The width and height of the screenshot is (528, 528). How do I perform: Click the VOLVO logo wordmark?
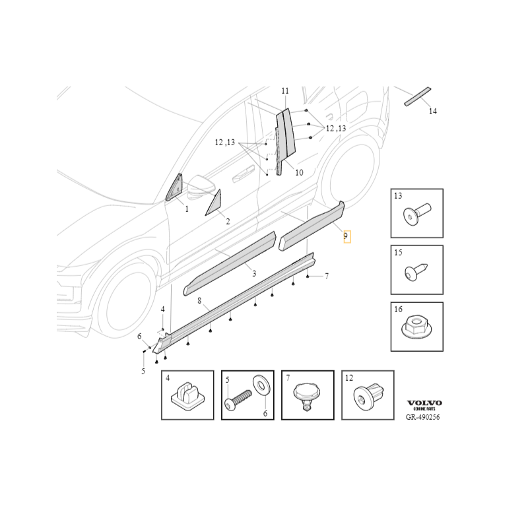point(424,403)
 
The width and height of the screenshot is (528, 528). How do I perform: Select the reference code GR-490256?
point(422,417)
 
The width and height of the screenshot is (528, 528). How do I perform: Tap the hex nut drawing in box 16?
point(417,326)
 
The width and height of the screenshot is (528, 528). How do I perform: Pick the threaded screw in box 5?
point(238,401)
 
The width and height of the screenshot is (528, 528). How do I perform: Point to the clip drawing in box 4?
point(188,394)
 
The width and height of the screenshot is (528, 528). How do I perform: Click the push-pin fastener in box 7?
point(307,397)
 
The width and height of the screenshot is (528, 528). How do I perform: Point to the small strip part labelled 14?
point(418,96)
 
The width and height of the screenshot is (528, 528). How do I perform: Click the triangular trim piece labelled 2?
point(213,203)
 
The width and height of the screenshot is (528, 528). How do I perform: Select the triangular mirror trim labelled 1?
point(174,188)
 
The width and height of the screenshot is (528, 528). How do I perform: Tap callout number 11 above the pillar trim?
point(285,91)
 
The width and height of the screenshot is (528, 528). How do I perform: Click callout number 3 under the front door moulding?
point(254,273)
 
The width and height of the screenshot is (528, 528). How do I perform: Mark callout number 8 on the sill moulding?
point(199,300)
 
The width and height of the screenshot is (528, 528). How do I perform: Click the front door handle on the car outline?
point(244,173)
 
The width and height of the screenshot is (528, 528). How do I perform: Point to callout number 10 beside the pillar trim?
point(299,172)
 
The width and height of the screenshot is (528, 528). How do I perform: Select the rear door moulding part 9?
point(312,226)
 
